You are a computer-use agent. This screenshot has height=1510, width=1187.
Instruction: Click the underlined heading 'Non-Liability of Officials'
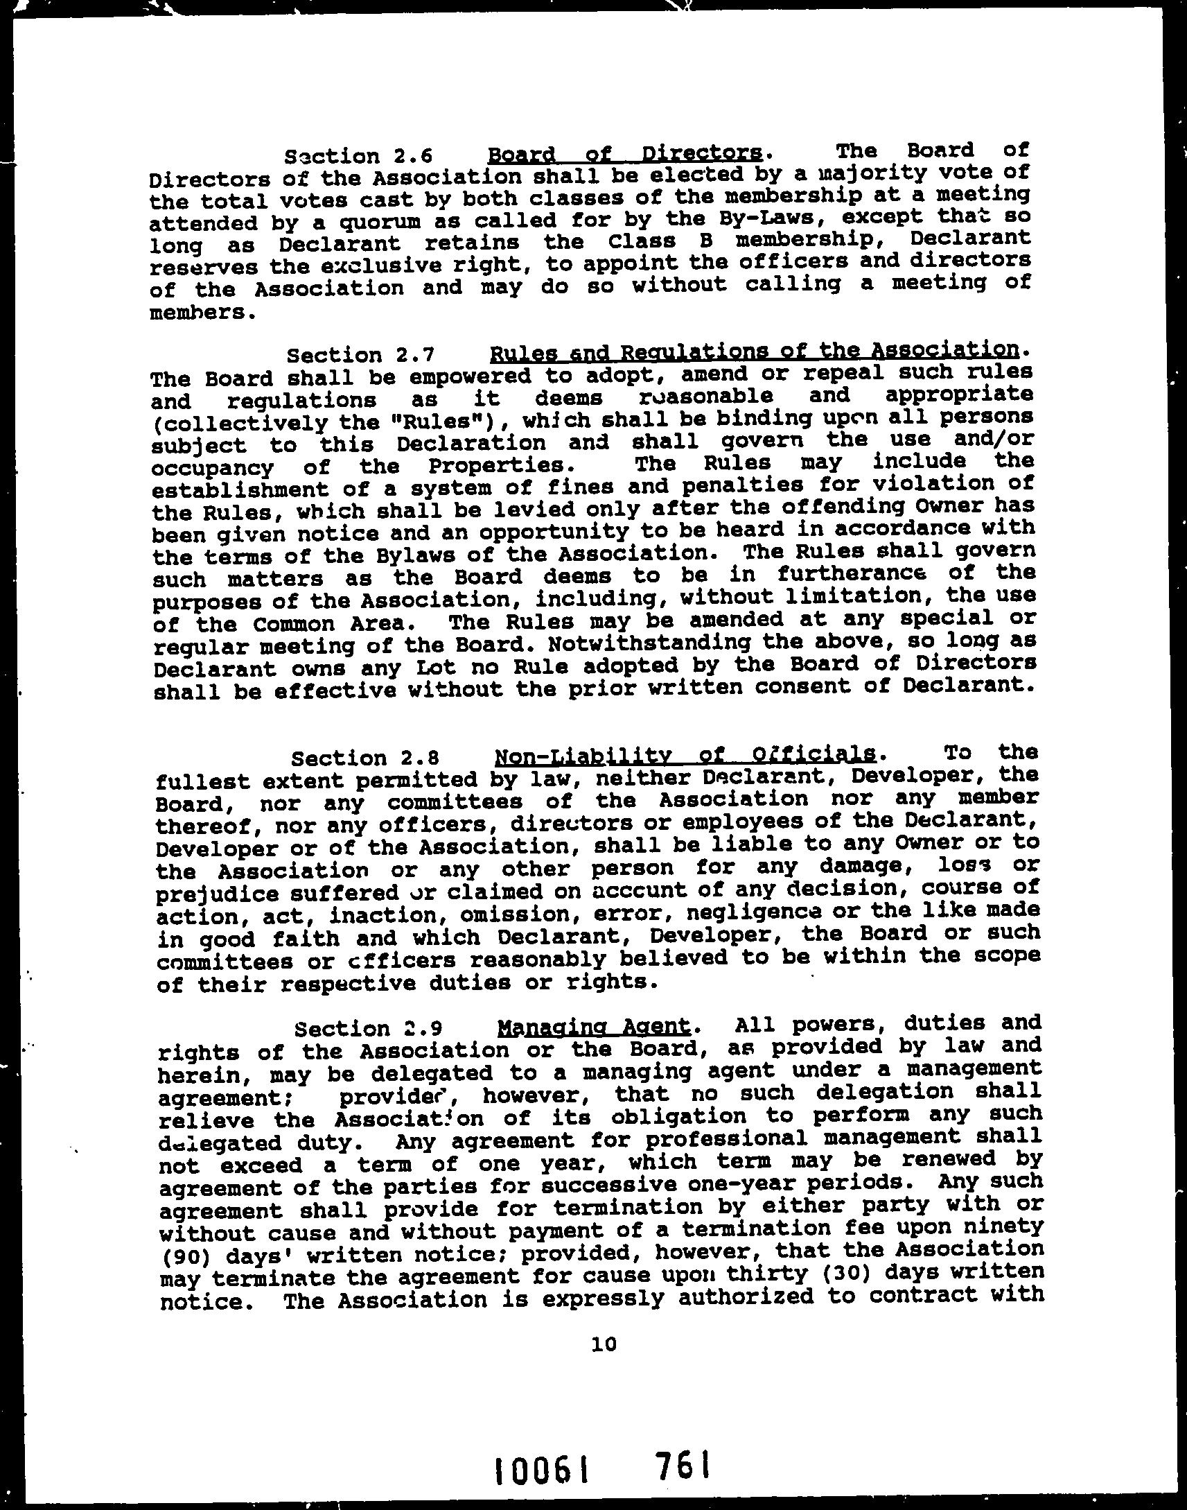coord(685,754)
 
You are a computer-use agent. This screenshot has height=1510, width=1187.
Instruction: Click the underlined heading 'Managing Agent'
coord(595,1026)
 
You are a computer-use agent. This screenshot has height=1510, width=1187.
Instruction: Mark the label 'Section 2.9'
coord(369,1028)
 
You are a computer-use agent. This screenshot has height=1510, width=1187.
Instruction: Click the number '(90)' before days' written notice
coord(182,1256)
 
